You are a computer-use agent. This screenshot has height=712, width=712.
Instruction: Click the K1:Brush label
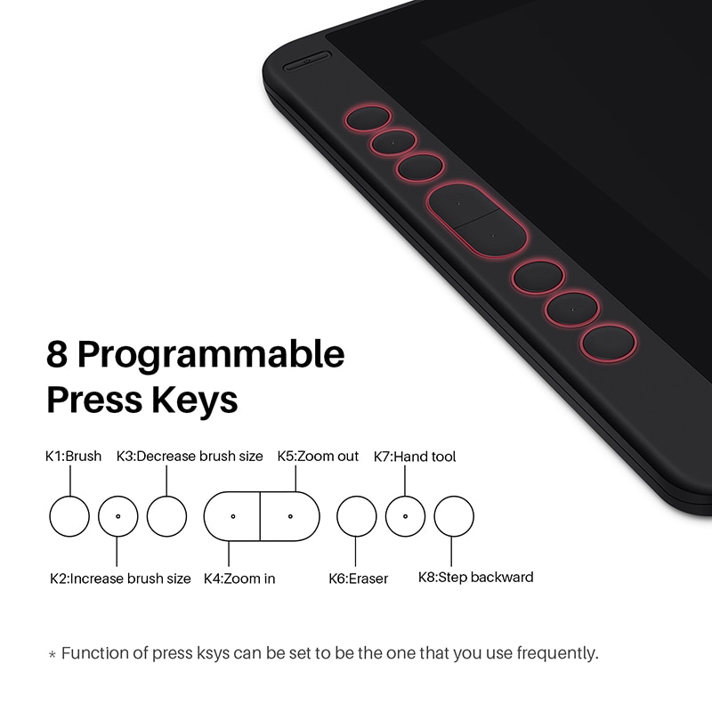tap(73, 456)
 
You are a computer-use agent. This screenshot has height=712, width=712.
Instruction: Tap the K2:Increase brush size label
tap(120, 578)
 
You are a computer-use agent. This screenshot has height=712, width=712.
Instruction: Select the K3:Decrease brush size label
tap(190, 456)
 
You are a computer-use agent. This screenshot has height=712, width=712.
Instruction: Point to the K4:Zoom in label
tap(239, 578)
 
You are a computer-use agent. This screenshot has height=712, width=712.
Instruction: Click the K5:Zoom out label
tap(318, 456)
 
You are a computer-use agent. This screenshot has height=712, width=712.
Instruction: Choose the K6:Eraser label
tap(359, 578)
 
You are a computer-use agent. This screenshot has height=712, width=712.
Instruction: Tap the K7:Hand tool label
tap(415, 457)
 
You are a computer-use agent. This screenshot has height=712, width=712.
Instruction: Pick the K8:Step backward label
tap(475, 577)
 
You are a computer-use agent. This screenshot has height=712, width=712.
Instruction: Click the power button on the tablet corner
tap(307, 61)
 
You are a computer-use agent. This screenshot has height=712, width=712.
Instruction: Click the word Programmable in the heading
tap(211, 355)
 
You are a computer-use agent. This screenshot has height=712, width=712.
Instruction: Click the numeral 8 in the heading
tap(57, 354)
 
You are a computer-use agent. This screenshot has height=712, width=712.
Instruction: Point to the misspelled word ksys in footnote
tap(213, 653)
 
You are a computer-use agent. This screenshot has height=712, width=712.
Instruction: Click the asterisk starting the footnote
tap(53, 655)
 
